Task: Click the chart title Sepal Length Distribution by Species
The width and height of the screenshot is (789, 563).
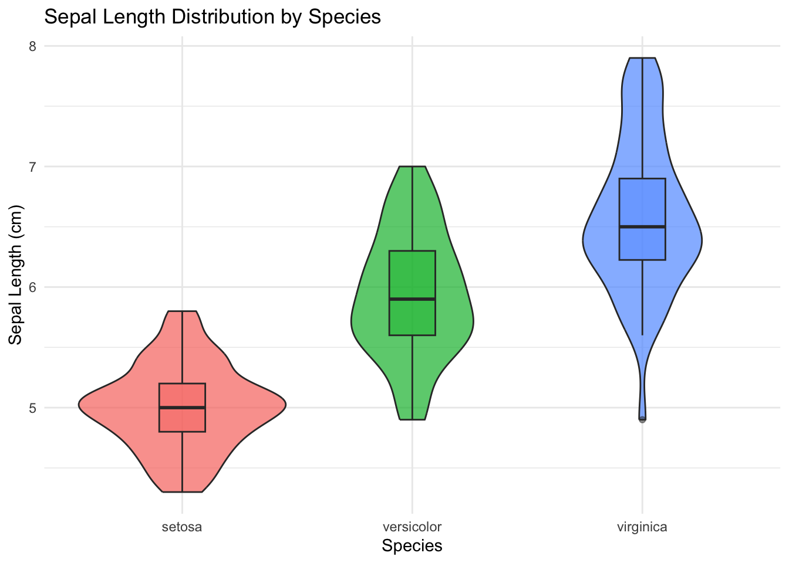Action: tap(213, 16)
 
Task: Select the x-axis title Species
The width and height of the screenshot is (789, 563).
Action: tap(412, 546)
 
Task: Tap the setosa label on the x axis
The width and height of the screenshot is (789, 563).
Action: tap(182, 527)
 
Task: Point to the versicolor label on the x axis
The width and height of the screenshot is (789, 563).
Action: tap(412, 527)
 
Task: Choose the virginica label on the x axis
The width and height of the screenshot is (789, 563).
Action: tap(642, 527)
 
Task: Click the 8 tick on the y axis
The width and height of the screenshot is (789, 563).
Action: tap(33, 46)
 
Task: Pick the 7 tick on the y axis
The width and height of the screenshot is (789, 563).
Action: tap(33, 167)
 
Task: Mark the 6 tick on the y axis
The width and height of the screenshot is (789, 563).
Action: tap(33, 287)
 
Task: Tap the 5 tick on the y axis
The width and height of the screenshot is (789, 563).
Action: tap(33, 408)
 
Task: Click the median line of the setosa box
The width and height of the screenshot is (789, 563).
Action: tap(182, 408)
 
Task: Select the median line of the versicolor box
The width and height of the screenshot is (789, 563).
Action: tap(412, 299)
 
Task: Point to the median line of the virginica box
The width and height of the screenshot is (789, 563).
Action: tap(642, 226)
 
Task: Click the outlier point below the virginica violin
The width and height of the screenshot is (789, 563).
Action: tap(642, 419)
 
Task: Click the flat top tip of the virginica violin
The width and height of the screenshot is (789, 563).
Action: tap(642, 58)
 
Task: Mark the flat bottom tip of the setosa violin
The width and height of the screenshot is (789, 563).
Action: tap(182, 491)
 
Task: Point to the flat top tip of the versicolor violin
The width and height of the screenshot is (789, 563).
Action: tap(412, 167)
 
